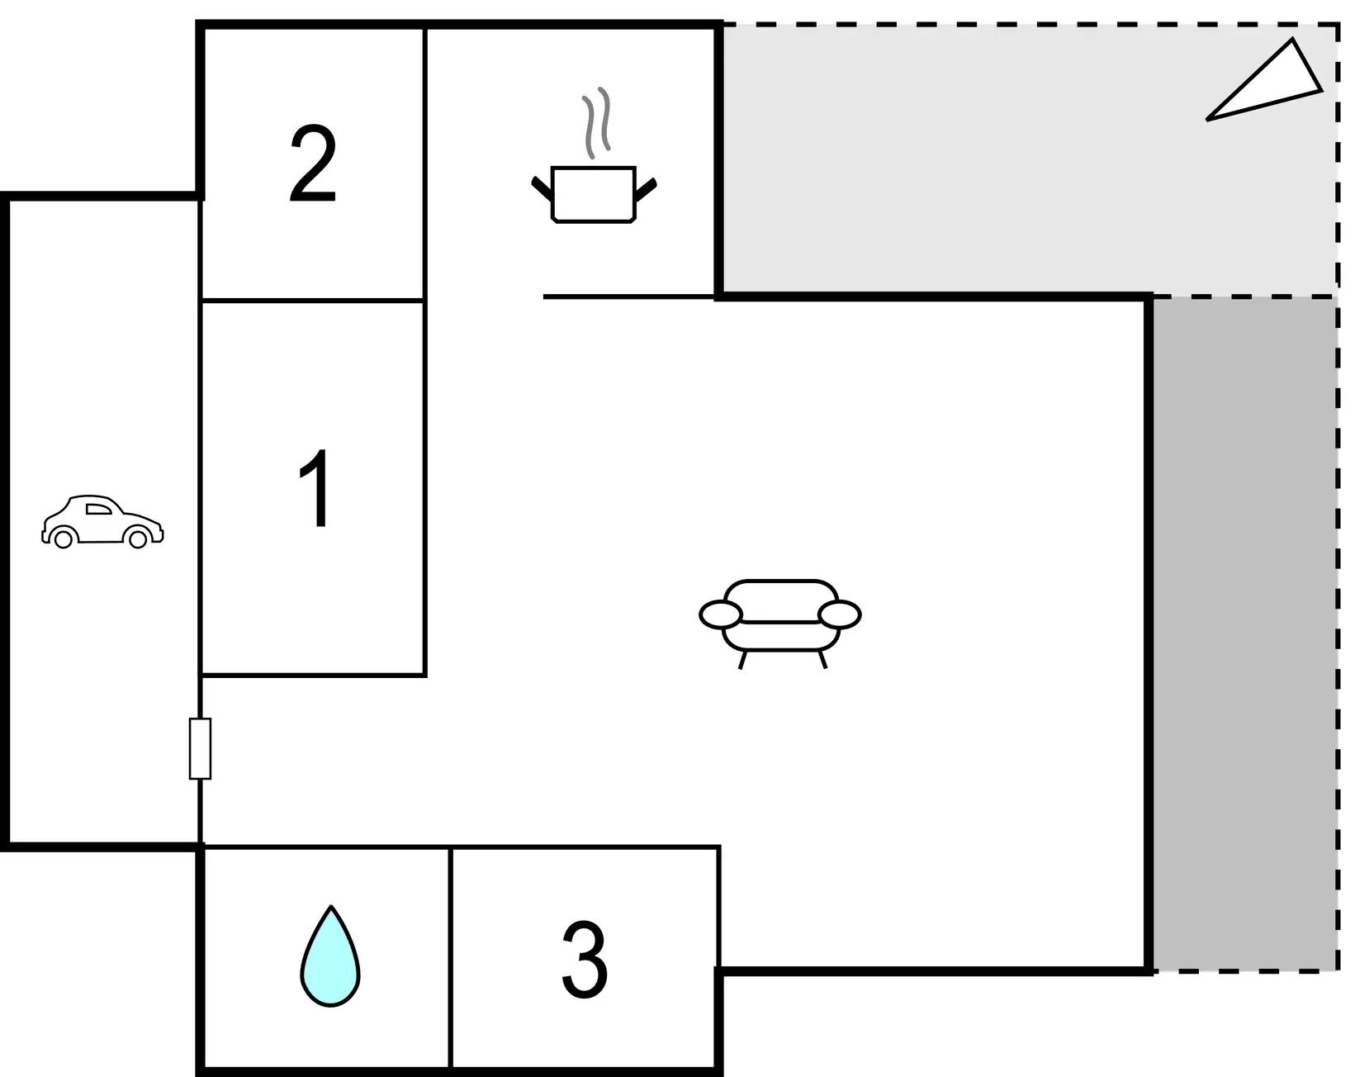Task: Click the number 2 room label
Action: pyautogui.click(x=313, y=164)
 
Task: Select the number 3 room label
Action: pyautogui.click(x=585, y=959)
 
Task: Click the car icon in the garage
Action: pyautogui.click(x=102, y=521)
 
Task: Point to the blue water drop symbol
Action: pyautogui.click(x=330, y=956)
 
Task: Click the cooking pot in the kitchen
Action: pyautogui.click(x=594, y=195)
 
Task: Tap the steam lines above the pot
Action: pyautogui.click(x=596, y=122)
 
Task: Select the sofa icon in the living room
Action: pyautogui.click(x=780, y=624)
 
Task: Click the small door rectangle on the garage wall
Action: pyautogui.click(x=200, y=748)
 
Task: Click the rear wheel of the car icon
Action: pyautogui.click(x=63, y=539)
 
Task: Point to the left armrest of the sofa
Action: pyautogui.click(x=721, y=614)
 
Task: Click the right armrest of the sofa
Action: pyautogui.click(x=839, y=614)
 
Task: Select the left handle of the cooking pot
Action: pyautogui.click(x=542, y=189)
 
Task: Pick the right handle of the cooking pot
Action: pyautogui.click(x=647, y=190)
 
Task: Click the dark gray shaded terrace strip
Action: pyautogui.click(x=1244, y=635)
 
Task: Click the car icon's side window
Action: pyautogui.click(x=98, y=509)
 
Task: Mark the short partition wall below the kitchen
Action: pyautogui.click(x=630, y=296)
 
